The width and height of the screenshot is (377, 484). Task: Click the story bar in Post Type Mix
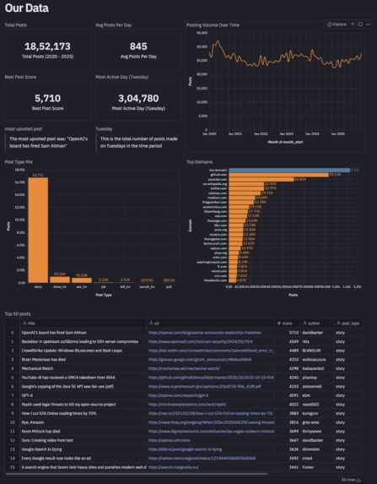point(39,227)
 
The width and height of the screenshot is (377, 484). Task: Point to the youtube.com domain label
point(217,180)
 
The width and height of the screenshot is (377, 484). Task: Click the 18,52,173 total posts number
point(47,46)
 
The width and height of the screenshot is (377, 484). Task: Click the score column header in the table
point(287,324)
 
